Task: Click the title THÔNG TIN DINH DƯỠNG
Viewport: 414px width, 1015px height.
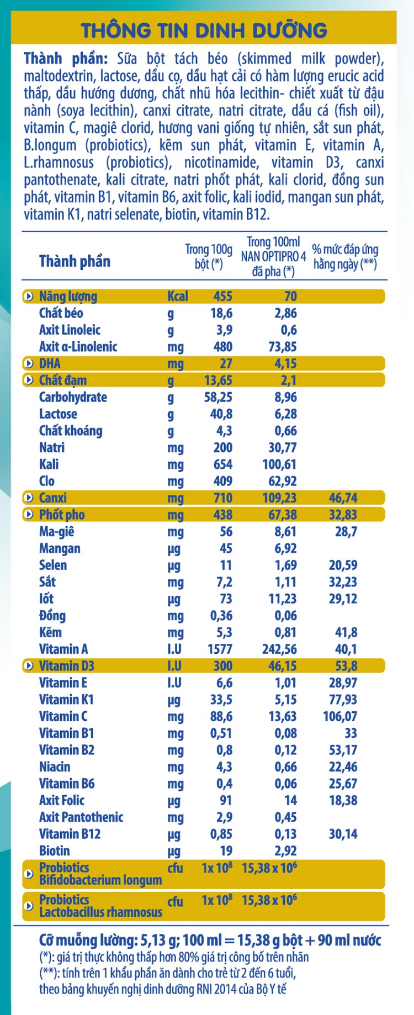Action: pyautogui.click(x=204, y=30)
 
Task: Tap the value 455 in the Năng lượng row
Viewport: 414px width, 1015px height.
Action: pyautogui.click(x=222, y=297)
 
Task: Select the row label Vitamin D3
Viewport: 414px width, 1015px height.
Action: pyautogui.click(x=66, y=666)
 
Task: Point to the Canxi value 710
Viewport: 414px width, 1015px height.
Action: pyautogui.click(x=222, y=498)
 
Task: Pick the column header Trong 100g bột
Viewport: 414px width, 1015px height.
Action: pyautogui.click(x=209, y=257)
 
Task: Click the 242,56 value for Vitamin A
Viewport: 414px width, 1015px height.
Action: pyautogui.click(x=279, y=649)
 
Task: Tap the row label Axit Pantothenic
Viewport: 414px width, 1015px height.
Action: pyautogui.click(x=81, y=817)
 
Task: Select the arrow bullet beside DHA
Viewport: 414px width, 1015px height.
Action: pyautogui.click(x=29, y=364)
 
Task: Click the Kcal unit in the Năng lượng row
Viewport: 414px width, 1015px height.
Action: pyautogui.click(x=178, y=297)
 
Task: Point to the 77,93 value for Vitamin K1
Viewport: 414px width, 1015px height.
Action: pyautogui.click(x=343, y=700)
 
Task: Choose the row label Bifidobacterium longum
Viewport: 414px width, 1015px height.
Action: pyautogui.click(x=100, y=880)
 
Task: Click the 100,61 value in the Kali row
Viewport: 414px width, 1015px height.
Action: pyautogui.click(x=279, y=464)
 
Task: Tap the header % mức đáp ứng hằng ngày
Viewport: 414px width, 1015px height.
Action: pyautogui.click(x=345, y=257)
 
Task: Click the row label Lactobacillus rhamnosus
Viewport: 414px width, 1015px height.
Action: pyautogui.click(x=100, y=912)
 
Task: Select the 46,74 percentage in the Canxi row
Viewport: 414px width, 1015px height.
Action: pyautogui.click(x=343, y=498)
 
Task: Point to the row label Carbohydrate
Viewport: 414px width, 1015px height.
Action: pyautogui.click(x=73, y=397)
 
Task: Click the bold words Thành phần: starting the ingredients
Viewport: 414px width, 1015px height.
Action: pyautogui.click(x=65, y=59)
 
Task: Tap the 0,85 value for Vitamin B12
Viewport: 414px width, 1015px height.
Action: pyautogui.click(x=221, y=834)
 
